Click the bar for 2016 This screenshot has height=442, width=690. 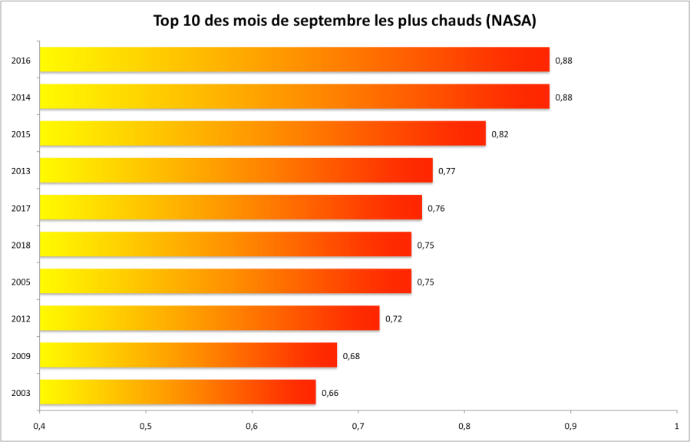pos(294,60)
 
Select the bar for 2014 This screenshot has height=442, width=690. pos(294,97)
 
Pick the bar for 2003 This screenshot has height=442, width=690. pos(177,392)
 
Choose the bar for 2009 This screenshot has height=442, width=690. pos(187,355)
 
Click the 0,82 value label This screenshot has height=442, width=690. pos(500,134)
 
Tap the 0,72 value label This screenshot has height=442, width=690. pos(394,318)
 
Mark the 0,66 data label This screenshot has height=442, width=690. pos(330,393)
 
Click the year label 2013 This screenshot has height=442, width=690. pos(21,171)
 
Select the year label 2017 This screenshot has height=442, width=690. pos(21,208)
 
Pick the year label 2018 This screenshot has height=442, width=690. pos(21,245)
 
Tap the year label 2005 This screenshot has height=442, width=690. pos(21,282)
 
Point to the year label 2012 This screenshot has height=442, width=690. pos(21,318)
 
